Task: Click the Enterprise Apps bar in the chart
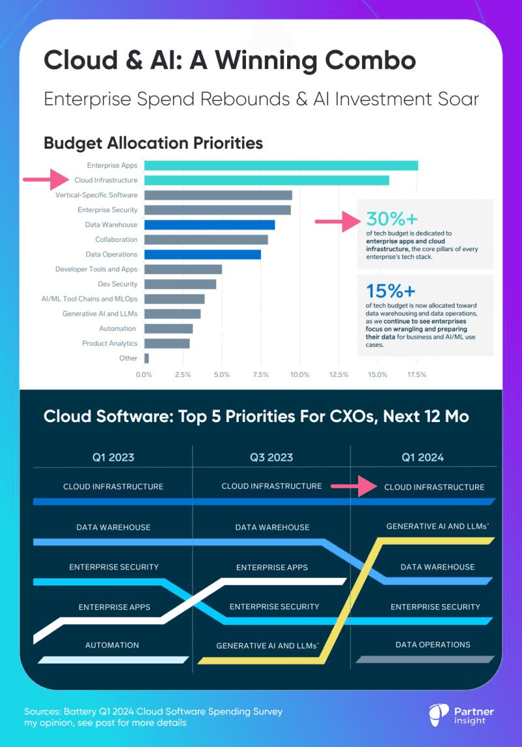281,166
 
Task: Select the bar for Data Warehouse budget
209,225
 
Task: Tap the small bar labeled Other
146,358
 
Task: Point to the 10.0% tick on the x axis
299,375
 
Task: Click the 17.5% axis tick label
416,375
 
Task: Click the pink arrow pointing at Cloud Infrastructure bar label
46,179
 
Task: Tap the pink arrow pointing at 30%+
337,222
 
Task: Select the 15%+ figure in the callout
390,290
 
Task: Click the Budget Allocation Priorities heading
153,142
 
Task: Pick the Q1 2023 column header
113,457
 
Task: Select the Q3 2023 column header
271,457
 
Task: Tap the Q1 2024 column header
422,457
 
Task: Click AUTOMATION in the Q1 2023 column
112,645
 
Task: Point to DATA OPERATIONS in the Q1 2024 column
433,645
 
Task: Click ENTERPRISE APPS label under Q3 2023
272,568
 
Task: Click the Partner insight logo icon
438,715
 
